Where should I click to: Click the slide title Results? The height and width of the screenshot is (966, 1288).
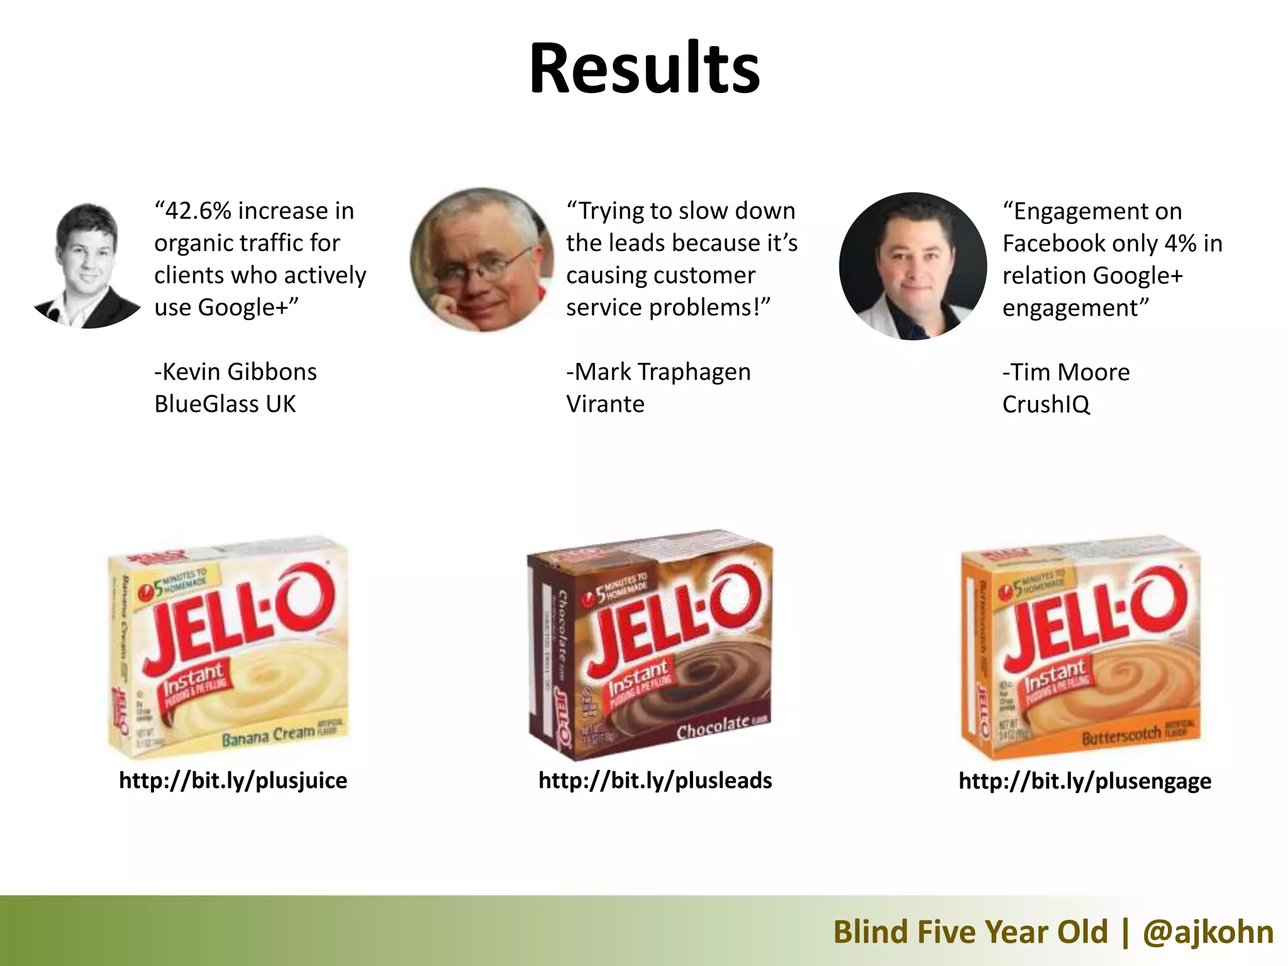(x=644, y=68)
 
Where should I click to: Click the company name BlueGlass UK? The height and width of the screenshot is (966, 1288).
(x=225, y=404)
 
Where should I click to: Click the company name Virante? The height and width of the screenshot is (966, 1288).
(x=605, y=404)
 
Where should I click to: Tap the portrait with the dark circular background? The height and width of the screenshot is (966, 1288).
(x=913, y=267)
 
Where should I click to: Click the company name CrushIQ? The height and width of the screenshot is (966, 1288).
(x=1045, y=404)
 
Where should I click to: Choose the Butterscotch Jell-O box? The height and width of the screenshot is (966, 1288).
(x=1080, y=648)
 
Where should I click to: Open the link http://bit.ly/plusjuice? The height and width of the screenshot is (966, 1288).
(x=233, y=780)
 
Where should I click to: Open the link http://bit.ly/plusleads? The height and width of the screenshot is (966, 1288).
(x=655, y=780)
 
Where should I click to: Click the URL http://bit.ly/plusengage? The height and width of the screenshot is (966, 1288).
(x=1084, y=780)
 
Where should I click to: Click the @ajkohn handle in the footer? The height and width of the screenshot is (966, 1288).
(x=1207, y=931)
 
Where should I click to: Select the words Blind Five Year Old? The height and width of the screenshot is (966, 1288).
(x=970, y=931)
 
